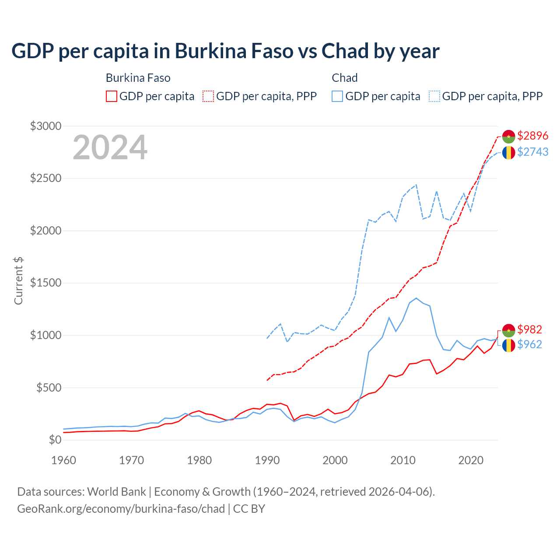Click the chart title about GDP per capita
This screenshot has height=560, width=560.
point(225,51)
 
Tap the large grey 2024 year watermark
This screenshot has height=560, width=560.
point(110,147)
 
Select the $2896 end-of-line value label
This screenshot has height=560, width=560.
point(532,136)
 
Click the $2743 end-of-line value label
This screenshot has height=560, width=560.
point(532,152)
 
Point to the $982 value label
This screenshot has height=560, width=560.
point(529,329)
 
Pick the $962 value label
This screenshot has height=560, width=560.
point(529,345)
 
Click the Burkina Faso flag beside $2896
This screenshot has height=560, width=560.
point(508,136)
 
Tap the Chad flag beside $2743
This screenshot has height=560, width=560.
point(508,152)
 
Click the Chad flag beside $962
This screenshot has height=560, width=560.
point(508,345)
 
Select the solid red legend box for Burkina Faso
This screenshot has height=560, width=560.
point(112,96)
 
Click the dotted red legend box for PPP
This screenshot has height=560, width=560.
point(209,96)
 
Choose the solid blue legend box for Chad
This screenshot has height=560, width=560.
point(337,96)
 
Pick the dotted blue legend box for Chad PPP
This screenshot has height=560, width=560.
point(434,96)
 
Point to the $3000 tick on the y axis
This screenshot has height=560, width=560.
point(45,126)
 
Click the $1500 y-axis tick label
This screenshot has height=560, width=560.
point(45,283)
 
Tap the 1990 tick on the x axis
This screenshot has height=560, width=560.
point(267,460)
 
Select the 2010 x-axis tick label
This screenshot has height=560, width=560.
point(403,460)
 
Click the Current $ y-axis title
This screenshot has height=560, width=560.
point(18,281)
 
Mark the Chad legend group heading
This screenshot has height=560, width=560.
point(345,78)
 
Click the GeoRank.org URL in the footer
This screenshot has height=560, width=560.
point(121,509)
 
